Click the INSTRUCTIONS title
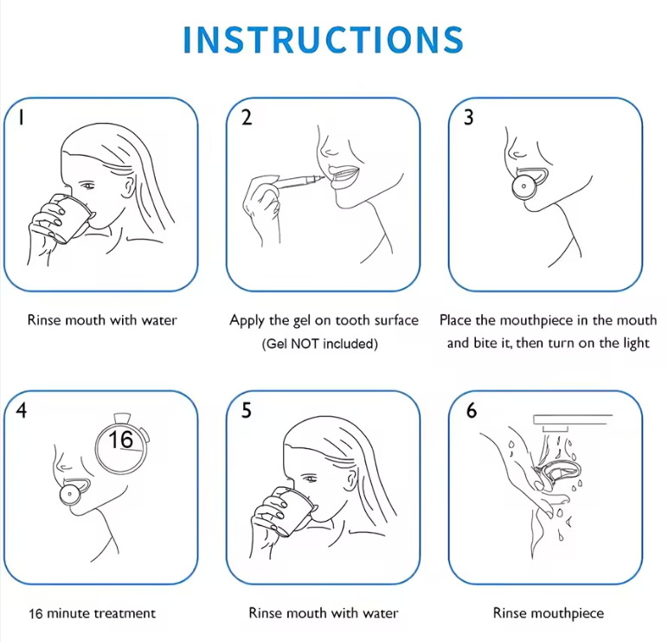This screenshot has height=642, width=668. [324, 40]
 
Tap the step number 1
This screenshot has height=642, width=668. [21, 117]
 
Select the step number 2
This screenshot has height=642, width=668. [247, 117]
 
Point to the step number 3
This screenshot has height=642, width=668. [469, 118]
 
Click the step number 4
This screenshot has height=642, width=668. [22, 410]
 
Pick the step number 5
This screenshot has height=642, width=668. [247, 410]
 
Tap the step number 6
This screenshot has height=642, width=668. [472, 411]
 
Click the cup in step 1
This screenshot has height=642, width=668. [69, 218]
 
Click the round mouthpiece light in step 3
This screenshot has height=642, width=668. [523, 186]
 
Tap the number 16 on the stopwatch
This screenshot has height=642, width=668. [120, 440]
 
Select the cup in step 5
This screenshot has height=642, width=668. [292, 511]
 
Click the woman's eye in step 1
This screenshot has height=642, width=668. [87, 185]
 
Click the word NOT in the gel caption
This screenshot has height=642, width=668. [305, 343]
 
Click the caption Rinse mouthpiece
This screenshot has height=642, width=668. [549, 613]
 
